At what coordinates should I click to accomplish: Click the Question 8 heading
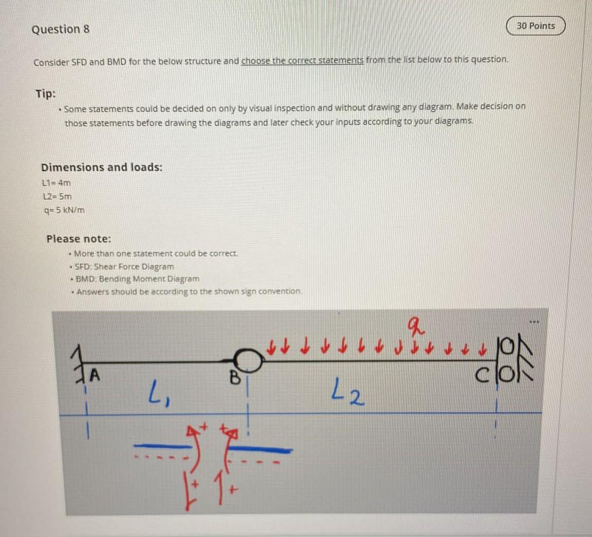(61, 29)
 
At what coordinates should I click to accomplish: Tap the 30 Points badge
(535, 26)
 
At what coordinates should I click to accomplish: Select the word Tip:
(46, 94)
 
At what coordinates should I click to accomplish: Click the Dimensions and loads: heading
(102, 167)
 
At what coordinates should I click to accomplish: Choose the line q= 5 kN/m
(65, 210)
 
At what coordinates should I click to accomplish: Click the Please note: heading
(79, 239)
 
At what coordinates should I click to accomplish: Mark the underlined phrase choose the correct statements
(302, 61)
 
